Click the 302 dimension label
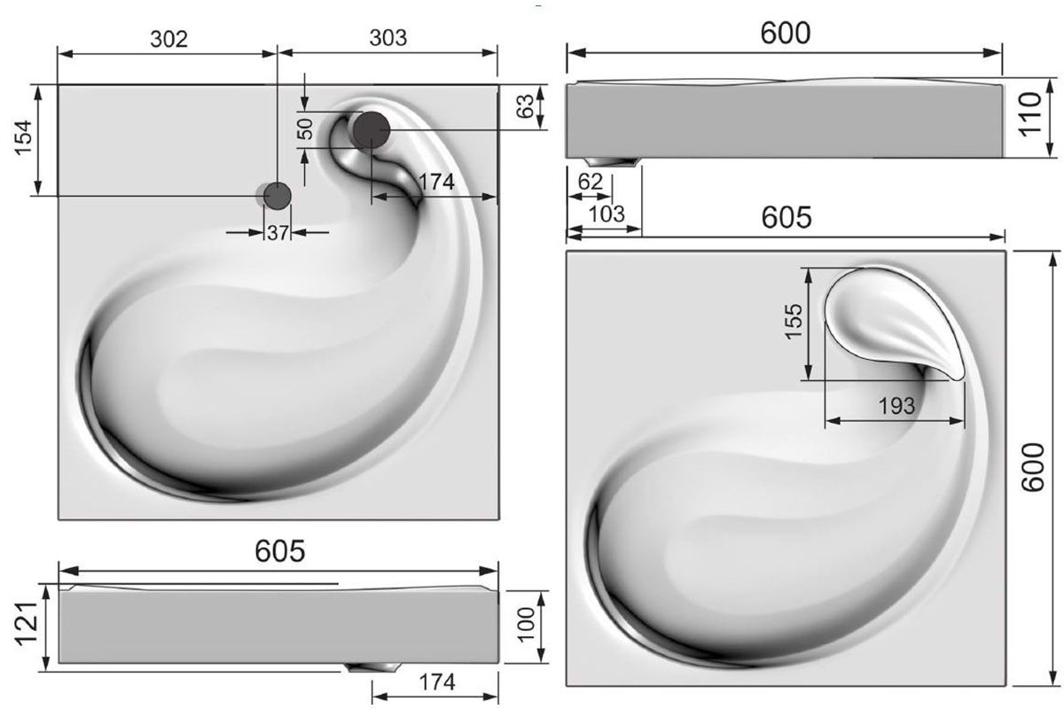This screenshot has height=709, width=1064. tap(169, 39)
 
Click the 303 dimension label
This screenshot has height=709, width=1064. tap(388, 38)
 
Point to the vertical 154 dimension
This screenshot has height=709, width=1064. tap(23, 137)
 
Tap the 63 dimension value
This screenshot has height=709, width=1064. tap(525, 106)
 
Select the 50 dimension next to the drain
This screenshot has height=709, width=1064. tap(306, 129)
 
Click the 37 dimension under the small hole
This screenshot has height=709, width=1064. tap(278, 233)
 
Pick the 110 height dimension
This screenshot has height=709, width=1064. tap(1030, 114)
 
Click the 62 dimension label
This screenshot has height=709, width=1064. tap(590, 182)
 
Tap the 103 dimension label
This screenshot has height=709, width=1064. tap(606, 214)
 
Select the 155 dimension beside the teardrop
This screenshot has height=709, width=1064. tap(794, 322)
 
